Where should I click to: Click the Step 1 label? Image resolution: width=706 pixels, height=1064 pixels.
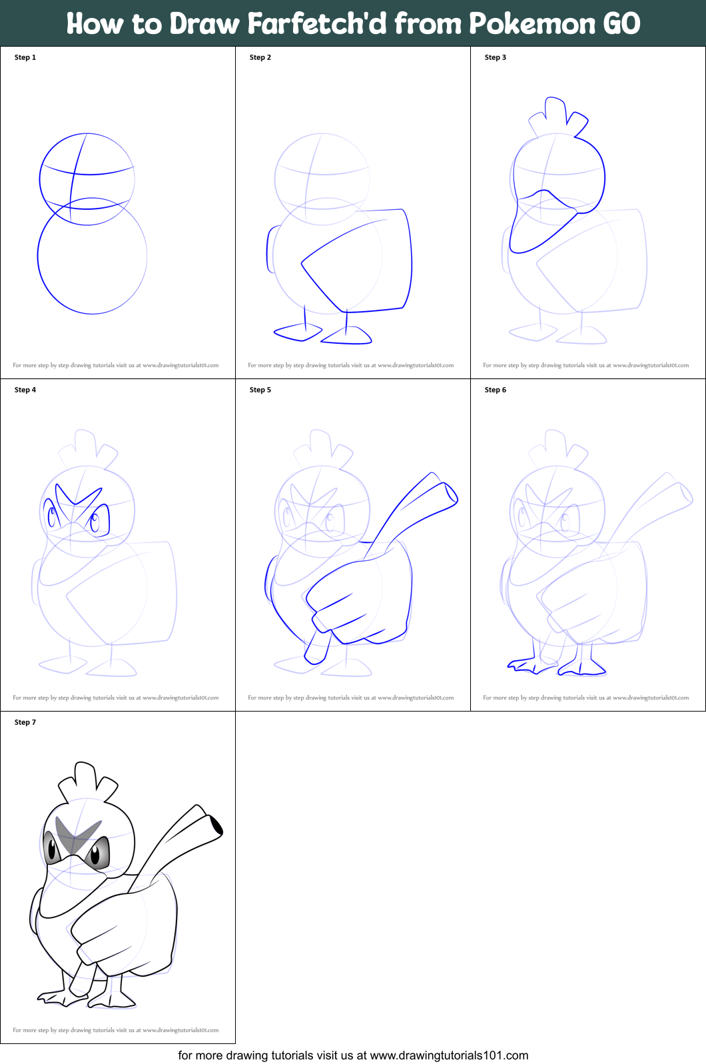pos(25,57)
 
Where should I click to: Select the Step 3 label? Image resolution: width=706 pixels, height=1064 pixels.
pos(495,57)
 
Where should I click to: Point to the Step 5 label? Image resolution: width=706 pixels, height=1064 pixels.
pos(260,390)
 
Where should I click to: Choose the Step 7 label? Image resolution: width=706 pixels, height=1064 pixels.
pos(25,722)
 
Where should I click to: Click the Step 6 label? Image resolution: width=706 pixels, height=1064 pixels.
pos(495,390)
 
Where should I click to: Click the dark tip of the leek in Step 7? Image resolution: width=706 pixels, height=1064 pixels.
pos(216,825)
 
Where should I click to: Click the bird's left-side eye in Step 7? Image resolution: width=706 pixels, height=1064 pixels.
pos(51,849)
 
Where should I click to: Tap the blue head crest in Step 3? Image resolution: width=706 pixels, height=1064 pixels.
pos(557,117)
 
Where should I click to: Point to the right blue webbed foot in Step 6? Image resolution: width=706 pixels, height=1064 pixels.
pos(582,668)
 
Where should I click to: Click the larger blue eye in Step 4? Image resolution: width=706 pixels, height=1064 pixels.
pos(98,520)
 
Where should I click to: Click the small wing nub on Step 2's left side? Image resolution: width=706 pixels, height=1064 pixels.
pos(271,249)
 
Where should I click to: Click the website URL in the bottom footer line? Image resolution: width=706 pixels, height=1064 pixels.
pos(449,1055)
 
